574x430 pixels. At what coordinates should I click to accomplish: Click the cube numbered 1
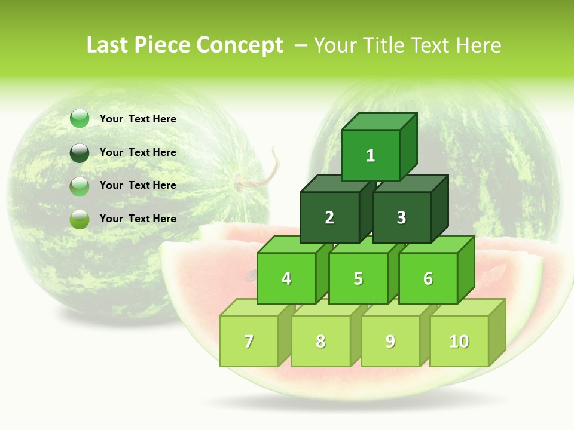pyautogui.click(x=371, y=155)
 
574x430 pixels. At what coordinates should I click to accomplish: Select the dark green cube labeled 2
pyautogui.click(x=329, y=217)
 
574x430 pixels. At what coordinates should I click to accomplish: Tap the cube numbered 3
pyautogui.click(x=401, y=217)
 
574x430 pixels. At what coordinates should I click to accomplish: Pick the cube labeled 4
pyautogui.click(x=286, y=278)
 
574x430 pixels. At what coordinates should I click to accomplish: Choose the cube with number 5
pyautogui.click(x=358, y=278)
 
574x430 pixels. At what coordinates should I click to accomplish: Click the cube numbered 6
pyautogui.click(x=428, y=278)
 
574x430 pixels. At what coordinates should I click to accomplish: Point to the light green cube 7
pyautogui.click(x=249, y=341)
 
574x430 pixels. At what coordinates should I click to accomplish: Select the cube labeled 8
pyautogui.click(x=320, y=341)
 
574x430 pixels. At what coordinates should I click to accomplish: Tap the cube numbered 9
pyautogui.click(x=390, y=341)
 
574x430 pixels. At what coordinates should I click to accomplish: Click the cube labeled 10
pyautogui.click(x=459, y=341)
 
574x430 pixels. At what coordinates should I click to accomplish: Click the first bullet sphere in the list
pyautogui.click(x=80, y=119)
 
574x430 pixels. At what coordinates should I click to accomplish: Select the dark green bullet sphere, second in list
pyautogui.click(x=80, y=152)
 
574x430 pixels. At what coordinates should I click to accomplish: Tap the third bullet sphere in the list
pyautogui.click(x=80, y=186)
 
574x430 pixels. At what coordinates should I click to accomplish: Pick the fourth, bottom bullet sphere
pyautogui.click(x=80, y=219)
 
